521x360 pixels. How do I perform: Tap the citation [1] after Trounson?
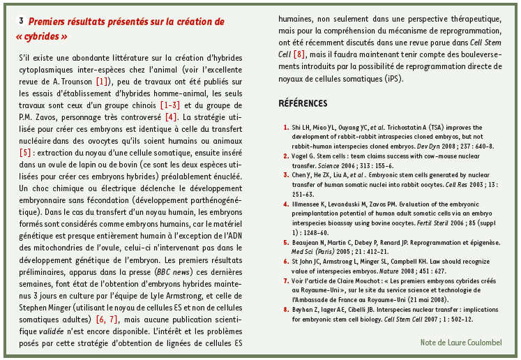103,81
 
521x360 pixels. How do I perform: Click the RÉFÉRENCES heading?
302,104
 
